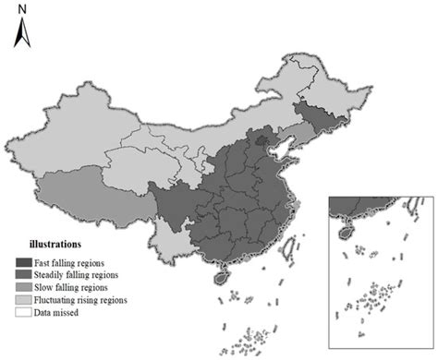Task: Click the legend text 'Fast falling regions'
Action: point(79,264)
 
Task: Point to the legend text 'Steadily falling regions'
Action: point(87,276)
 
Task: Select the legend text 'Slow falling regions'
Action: point(80,288)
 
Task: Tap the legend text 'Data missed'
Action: point(65,312)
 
